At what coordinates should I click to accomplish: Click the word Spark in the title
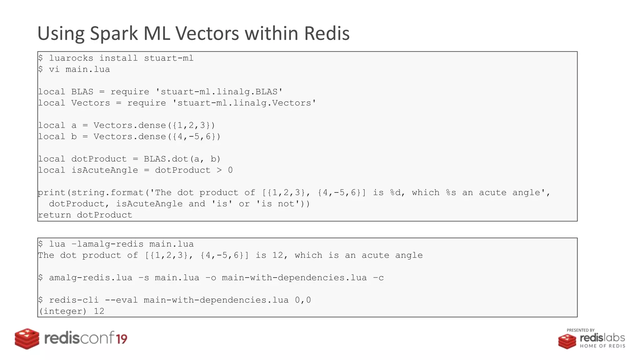pyautogui.click(x=114, y=33)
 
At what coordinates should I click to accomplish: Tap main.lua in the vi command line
pyautogui.click(x=87, y=69)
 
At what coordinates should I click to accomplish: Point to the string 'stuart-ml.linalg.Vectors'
pyautogui.click(x=244, y=103)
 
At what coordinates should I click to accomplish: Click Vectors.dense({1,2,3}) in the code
pyautogui.click(x=154, y=125)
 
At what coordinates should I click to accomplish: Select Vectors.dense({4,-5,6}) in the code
pyautogui.click(x=157, y=137)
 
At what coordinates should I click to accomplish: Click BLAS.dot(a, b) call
pyautogui.click(x=182, y=159)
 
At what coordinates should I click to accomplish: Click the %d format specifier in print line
pyautogui.click(x=395, y=192)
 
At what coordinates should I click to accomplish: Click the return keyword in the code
pyautogui.click(x=54, y=215)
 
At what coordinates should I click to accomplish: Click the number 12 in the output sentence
pyautogui.click(x=277, y=255)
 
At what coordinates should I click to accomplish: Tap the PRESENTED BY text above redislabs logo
pyautogui.click(x=580, y=330)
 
